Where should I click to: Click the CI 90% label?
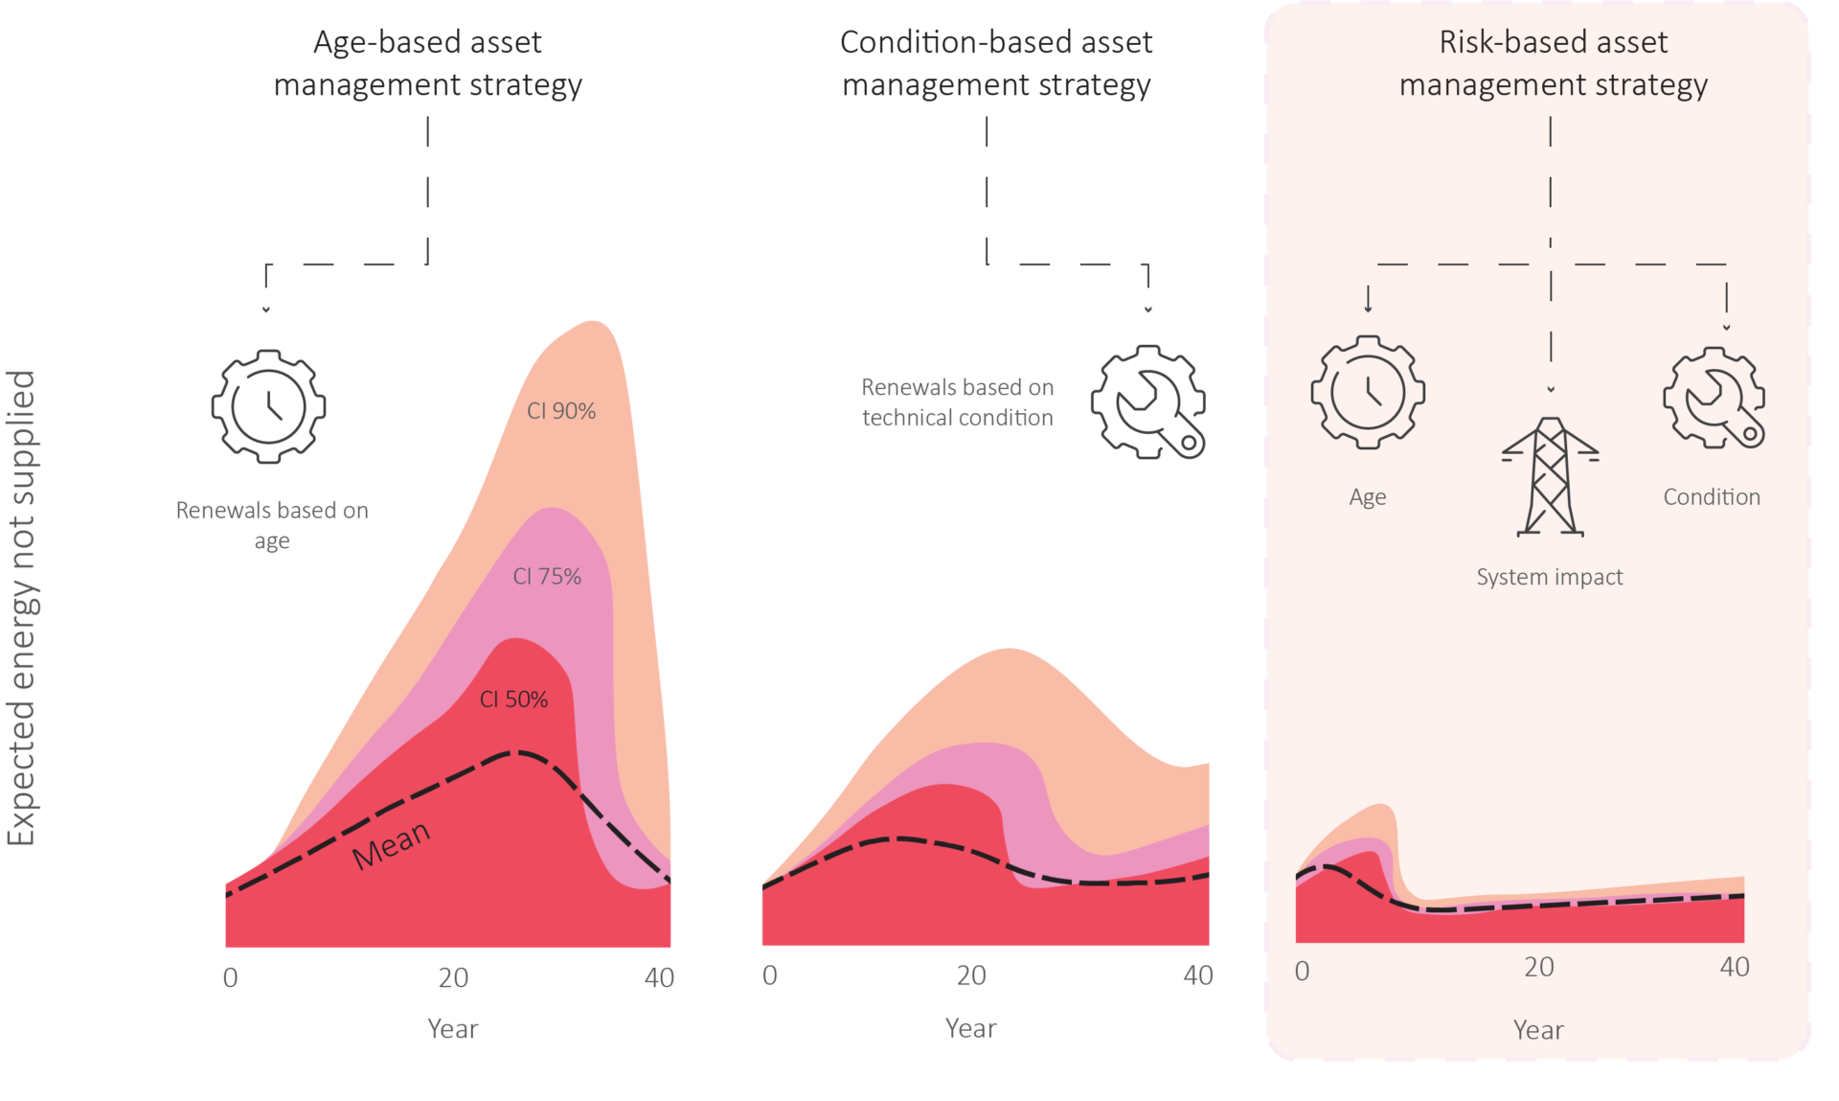pyautogui.click(x=561, y=411)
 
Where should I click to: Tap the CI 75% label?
pyautogui.click(x=547, y=576)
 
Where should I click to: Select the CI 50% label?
pyautogui.click(x=513, y=700)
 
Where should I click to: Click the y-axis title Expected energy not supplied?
pyautogui.click(x=21, y=608)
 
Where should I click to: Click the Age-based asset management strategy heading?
pyautogui.click(x=427, y=63)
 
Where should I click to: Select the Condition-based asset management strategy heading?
pyautogui.click(x=996, y=63)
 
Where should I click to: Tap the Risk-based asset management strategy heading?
pyautogui.click(x=1554, y=63)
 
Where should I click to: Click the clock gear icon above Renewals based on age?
pyautogui.click(x=268, y=406)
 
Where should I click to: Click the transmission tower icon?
pyautogui.click(x=1550, y=476)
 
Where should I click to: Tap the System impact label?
pyautogui.click(x=1550, y=577)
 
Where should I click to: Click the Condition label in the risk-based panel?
pyautogui.click(x=1712, y=496)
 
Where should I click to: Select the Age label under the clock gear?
pyautogui.click(x=1368, y=497)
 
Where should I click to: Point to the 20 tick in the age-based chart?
pyautogui.click(x=453, y=977)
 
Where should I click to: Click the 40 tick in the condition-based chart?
pyautogui.click(x=1198, y=975)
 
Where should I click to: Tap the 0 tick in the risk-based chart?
pyautogui.click(x=1302, y=971)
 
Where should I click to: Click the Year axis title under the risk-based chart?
pyautogui.click(x=1538, y=1030)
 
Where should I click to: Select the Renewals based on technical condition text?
pyautogui.click(x=957, y=402)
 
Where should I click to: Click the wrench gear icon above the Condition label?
pyautogui.click(x=1714, y=398)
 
